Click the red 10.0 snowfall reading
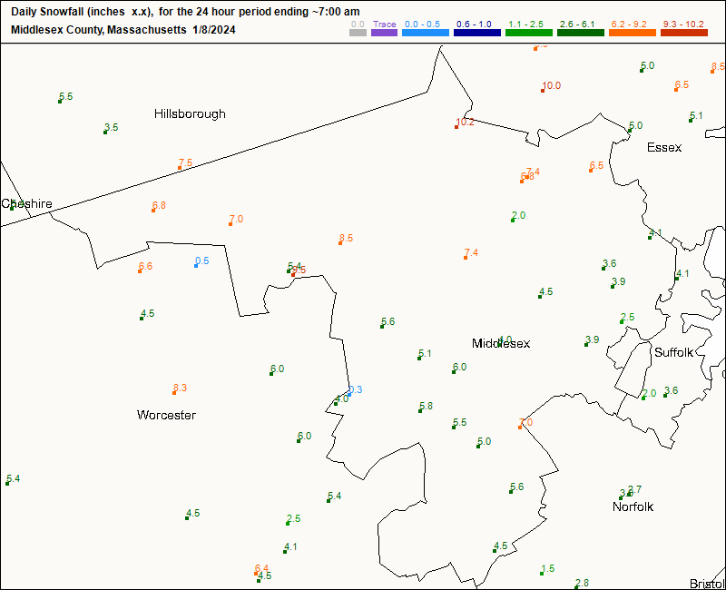click(551, 86)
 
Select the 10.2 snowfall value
click(465, 122)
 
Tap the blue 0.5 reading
click(201, 261)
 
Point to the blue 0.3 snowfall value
click(355, 389)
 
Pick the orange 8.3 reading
click(180, 388)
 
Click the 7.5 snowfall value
click(185, 162)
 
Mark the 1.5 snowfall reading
click(547, 568)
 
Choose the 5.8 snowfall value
click(426, 406)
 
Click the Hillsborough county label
click(190, 113)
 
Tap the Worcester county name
click(166, 415)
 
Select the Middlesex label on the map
click(501, 343)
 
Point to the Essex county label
click(664, 147)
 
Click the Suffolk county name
click(673, 351)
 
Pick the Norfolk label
click(633, 506)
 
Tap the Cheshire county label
click(27, 203)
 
